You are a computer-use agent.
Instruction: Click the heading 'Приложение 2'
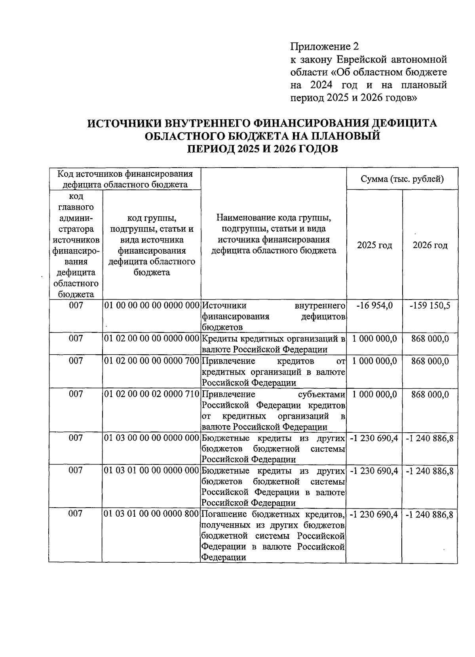[325, 47]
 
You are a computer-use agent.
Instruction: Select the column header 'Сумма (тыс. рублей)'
[402, 179]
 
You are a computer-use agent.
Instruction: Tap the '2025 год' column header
[374, 245]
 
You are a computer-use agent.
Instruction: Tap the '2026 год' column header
[430, 245]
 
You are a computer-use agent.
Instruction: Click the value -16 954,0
[374, 306]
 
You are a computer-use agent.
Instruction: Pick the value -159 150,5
[430, 306]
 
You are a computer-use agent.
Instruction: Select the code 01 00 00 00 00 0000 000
[151, 306]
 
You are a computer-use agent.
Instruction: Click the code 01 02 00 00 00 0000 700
[151, 361]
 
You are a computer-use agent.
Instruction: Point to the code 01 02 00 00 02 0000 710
[151, 394]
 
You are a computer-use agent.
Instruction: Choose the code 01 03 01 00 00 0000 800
[151, 514]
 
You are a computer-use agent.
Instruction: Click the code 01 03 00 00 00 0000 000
[151, 438]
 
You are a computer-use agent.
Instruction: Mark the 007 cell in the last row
[75, 514]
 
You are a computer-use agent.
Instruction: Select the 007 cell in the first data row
[75, 306]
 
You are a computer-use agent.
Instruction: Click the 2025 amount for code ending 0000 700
[374, 361]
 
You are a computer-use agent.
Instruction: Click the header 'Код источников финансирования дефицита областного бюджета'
[125, 179]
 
